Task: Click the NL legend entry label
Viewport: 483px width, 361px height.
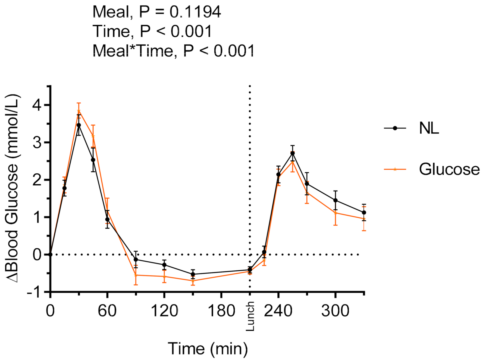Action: tap(429, 128)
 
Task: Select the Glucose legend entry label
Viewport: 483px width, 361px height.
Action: tap(449, 169)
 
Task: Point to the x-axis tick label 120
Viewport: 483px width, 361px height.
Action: tap(164, 311)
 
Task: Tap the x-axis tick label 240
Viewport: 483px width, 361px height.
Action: tap(278, 311)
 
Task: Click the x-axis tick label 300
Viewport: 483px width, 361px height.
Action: tap(335, 311)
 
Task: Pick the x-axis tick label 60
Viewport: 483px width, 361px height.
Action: tap(107, 311)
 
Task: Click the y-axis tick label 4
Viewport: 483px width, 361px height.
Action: tap(37, 105)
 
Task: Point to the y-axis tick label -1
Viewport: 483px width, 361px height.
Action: tap(34, 292)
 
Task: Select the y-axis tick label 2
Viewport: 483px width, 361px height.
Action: tap(37, 180)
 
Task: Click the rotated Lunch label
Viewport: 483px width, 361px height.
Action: tap(250, 316)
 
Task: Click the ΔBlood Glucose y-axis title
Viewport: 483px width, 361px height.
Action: tap(12, 189)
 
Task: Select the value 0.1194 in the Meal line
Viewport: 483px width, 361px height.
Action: tap(195, 12)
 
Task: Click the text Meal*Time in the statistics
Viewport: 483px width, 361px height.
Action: tap(133, 51)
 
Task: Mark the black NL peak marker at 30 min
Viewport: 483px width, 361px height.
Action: tap(79, 125)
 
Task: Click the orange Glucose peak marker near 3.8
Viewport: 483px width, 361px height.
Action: tap(79, 111)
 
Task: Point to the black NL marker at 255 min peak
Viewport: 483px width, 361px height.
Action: tap(293, 153)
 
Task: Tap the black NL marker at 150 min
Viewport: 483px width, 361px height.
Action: tap(193, 274)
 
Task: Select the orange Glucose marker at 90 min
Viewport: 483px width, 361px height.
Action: tap(136, 275)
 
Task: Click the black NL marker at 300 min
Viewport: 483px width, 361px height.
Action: tap(335, 200)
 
